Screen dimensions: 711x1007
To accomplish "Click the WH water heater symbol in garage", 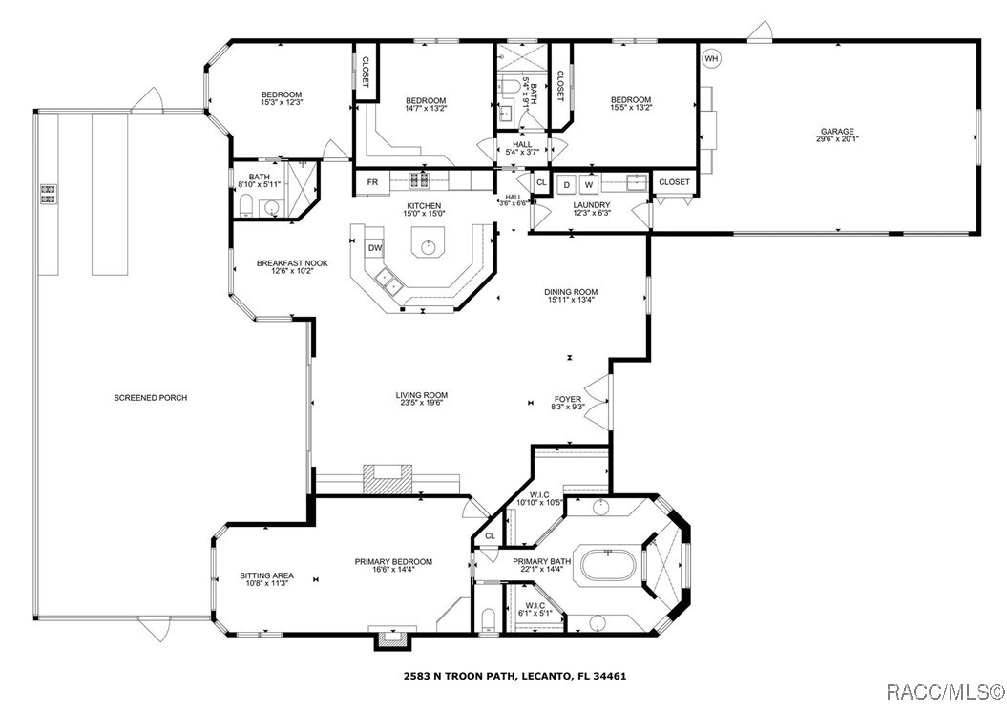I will (x=710, y=59).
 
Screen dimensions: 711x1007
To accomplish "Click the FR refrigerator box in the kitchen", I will (x=372, y=181).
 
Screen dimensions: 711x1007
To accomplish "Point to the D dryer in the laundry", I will (x=566, y=183).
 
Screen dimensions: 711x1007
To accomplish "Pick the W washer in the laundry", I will (x=589, y=183).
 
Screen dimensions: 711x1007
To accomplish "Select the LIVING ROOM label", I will (x=422, y=399).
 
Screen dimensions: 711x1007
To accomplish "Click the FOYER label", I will (x=568, y=404).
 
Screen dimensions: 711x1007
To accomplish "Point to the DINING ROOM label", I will (x=571, y=297).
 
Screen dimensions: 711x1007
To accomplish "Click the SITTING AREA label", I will (x=266, y=579).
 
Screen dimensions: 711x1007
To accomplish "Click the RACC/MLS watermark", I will (x=945, y=690).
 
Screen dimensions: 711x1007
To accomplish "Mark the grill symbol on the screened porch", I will (x=48, y=194).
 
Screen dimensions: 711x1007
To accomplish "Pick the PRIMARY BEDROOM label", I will (x=393, y=566).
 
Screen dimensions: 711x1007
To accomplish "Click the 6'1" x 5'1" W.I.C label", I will (x=533, y=608).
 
